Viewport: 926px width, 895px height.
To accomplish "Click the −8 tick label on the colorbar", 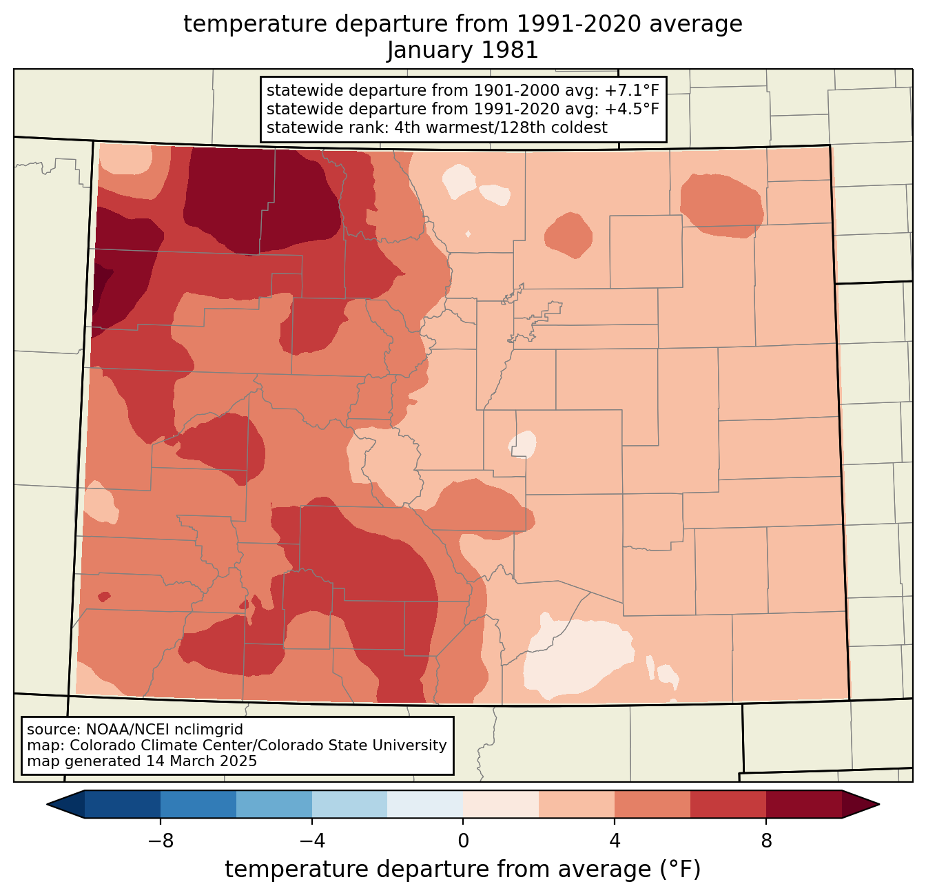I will tap(160, 841).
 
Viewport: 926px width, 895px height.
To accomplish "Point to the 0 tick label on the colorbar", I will tap(463, 841).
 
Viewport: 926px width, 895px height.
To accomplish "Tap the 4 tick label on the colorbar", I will tap(615, 841).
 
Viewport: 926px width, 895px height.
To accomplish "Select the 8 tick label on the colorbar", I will tap(766, 841).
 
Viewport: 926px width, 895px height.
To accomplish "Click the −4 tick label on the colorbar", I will tap(311, 841).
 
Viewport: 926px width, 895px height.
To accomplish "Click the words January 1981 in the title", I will tap(462, 50).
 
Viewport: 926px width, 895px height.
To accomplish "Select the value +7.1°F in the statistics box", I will tap(632, 91).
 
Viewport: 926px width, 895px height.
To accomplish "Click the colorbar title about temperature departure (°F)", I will tap(462, 870).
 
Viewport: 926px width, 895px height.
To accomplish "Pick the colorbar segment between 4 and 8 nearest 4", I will tap(652, 804).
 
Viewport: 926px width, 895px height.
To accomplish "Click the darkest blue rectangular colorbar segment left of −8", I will tap(123, 804).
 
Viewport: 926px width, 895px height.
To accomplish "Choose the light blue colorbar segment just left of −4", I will tap(274, 804).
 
